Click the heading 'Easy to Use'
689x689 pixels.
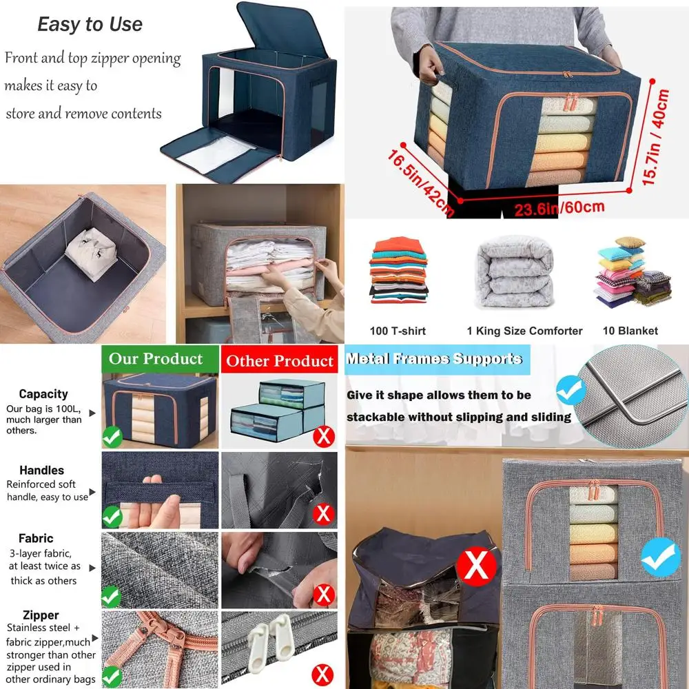point(90,25)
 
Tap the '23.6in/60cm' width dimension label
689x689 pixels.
point(559,207)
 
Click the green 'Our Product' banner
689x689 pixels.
point(156,359)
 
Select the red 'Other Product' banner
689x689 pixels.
point(280,361)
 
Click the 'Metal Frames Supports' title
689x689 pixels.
point(434,359)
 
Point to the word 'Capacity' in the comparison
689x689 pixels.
point(43,394)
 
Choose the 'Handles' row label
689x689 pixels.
point(41,471)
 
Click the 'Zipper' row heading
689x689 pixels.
point(40,615)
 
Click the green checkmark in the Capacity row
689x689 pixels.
point(112,436)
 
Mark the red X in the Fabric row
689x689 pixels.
point(323,594)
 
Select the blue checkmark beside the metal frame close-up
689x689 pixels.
point(570,389)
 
